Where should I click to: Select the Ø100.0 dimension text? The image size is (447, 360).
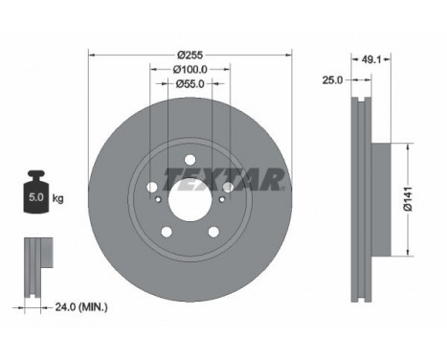tap(190, 69)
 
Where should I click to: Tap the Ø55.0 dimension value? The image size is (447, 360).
tap(190, 84)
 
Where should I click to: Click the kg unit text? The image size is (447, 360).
tap(58, 199)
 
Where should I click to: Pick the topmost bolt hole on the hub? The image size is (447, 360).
tap(190, 158)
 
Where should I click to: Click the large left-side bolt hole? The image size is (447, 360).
tap(153, 184)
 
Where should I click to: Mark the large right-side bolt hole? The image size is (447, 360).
tap(227, 184)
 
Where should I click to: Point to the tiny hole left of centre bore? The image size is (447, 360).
tap(158, 201)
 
